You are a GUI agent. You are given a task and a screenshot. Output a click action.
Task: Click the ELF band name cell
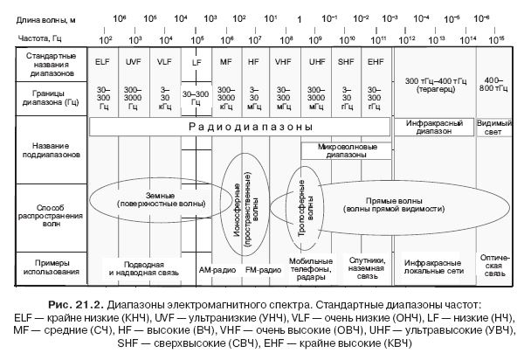(x=104, y=63)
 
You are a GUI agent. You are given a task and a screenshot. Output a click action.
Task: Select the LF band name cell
(x=196, y=63)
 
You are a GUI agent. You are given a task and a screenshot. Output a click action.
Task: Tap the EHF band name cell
(x=376, y=63)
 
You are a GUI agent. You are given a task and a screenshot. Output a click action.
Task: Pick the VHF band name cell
(x=284, y=63)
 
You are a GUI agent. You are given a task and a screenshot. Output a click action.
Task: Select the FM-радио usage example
(x=263, y=269)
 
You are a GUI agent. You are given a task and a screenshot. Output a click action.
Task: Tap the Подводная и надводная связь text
(x=143, y=268)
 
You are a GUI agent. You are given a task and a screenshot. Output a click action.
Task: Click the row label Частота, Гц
(x=38, y=38)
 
